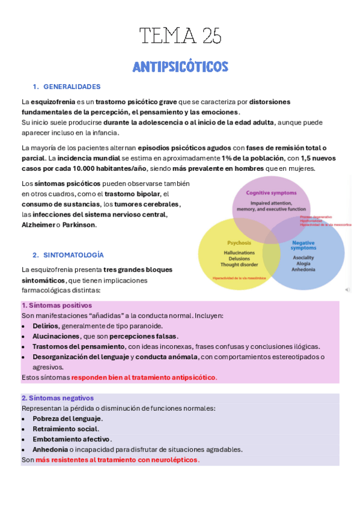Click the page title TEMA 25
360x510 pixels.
click(x=180, y=37)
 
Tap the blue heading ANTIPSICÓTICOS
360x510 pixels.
click(x=180, y=67)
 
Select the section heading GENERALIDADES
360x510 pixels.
click(x=72, y=87)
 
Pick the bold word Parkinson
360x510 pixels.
click(x=78, y=225)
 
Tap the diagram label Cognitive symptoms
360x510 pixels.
click(x=271, y=193)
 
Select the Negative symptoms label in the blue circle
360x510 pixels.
click(x=303, y=245)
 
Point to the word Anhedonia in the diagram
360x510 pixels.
click(x=303, y=269)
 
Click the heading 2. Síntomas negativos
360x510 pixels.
click(x=57, y=398)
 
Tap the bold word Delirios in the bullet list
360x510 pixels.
click(x=46, y=325)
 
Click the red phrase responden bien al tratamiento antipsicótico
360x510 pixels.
click(x=144, y=377)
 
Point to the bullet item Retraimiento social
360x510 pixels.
click(x=65, y=429)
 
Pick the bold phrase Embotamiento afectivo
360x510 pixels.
click(x=71, y=439)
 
